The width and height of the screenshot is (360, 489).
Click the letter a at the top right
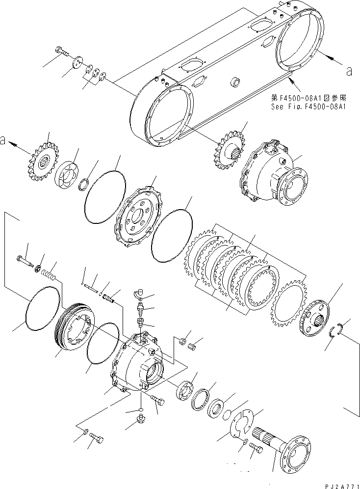[349, 72]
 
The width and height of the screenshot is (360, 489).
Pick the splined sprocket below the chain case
[230, 148]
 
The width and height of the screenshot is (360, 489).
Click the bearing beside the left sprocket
[67, 172]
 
